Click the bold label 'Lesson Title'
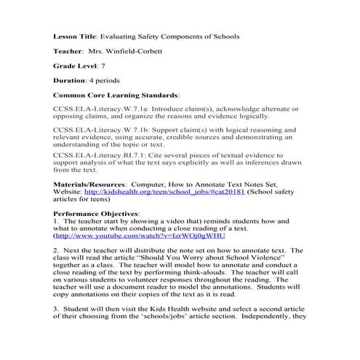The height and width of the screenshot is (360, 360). [76, 36]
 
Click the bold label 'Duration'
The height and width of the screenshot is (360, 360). [69, 80]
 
